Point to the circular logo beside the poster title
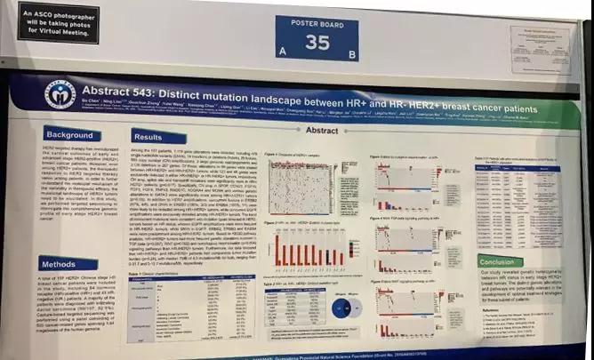60,93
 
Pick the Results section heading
148,137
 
